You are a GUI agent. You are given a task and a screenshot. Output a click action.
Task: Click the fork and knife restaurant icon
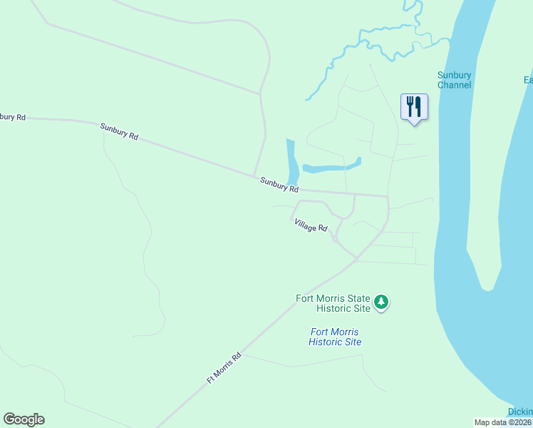[x=414, y=107]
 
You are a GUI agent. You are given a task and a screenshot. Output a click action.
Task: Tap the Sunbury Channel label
[x=454, y=80]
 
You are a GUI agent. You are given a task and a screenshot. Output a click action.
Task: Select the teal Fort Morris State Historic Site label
[x=333, y=303]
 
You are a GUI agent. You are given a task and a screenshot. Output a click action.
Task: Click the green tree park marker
[x=382, y=302]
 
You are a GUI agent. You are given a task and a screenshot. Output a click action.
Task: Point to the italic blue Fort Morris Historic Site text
[x=335, y=337]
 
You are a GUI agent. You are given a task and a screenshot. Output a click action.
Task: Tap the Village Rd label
[x=311, y=225]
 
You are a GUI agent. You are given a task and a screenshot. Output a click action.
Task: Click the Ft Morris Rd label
[x=224, y=368]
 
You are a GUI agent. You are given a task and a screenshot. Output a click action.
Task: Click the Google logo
[x=24, y=419]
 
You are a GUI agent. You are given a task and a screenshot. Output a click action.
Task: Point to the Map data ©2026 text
[x=503, y=422]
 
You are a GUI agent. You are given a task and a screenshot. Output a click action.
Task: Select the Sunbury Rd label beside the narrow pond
[x=279, y=185]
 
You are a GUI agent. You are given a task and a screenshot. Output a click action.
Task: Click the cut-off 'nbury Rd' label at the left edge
[x=13, y=116]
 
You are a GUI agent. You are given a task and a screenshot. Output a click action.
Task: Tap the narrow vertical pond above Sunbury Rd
[x=292, y=160]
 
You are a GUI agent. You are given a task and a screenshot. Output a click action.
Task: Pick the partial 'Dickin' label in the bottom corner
[x=520, y=412]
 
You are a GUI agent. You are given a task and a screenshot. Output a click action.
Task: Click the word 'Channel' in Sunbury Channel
[x=455, y=85]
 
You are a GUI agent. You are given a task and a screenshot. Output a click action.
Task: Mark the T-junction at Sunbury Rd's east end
[x=388, y=196]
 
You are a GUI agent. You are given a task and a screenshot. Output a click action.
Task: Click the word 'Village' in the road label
[x=305, y=223]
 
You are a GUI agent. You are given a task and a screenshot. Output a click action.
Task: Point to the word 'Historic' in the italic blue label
[x=325, y=342]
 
